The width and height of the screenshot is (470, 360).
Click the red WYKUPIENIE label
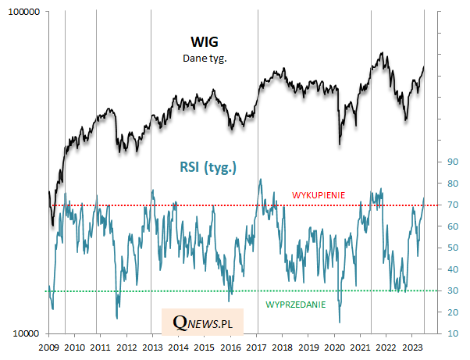click(x=319, y=195)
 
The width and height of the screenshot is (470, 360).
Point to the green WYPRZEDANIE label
click(x=296, y=303)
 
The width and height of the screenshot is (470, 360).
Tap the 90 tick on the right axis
click(x=450, y=162)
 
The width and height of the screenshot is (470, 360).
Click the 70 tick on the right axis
click(x=450, y=205)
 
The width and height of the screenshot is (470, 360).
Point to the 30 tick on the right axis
click(x=450, y=290)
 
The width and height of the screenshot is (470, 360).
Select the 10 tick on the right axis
click(x=450, y=333)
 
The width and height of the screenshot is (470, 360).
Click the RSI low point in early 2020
click(x=340, y=322)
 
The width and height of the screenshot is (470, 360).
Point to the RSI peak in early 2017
click(x=260, y=180)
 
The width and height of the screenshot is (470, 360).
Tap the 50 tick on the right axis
click(x=450, y=248)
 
